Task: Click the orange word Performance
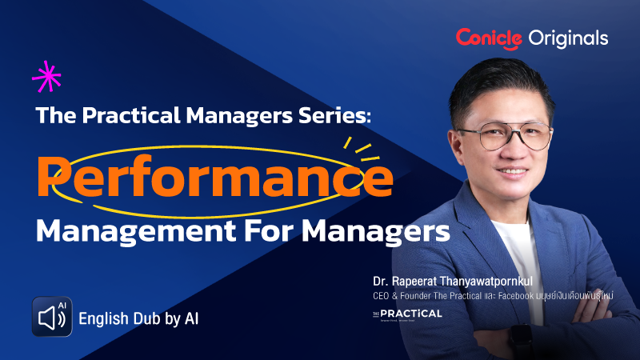point(215,174)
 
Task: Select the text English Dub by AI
point(138,318)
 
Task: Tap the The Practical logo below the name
point(406,313)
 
